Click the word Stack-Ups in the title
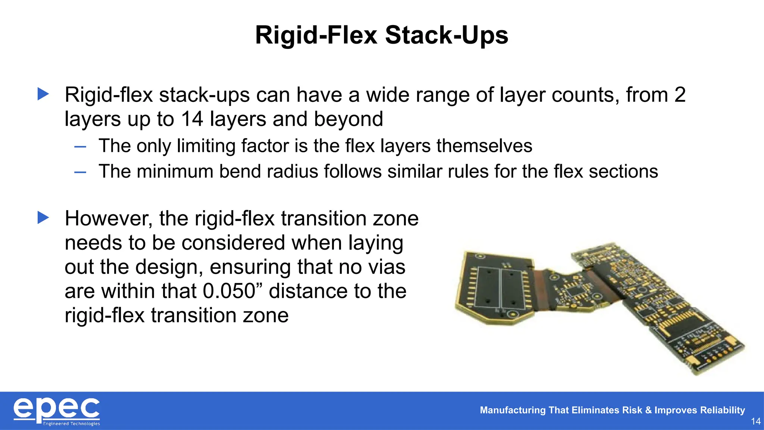(447, 35)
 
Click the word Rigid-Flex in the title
(316, 35)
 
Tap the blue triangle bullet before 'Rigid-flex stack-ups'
(43, 94)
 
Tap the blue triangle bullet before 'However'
(43, 218)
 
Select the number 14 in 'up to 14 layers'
(192, 119)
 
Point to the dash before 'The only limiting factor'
(80, 147)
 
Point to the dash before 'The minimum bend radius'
(80, 172)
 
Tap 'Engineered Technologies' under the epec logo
(71, 424)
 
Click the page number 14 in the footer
(755, 421)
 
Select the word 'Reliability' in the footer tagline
(722, 410)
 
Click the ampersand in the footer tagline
(648, 410)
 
